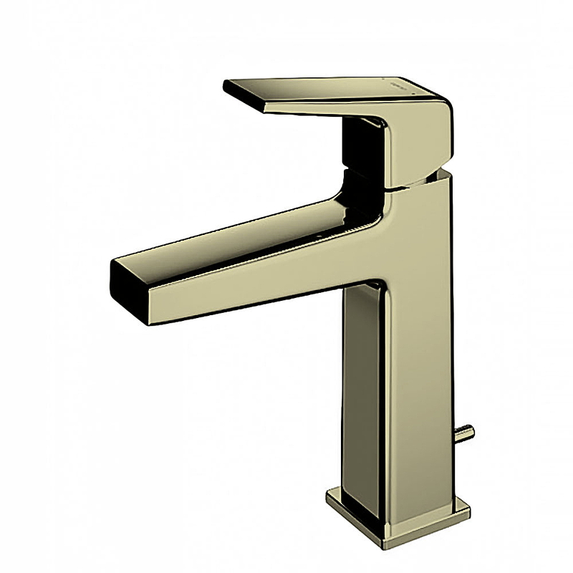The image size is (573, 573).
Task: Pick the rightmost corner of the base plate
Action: pyautogui.click(x=470, y=512)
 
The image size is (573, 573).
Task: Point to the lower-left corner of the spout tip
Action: pyautogui.click(x=148, y=321)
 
